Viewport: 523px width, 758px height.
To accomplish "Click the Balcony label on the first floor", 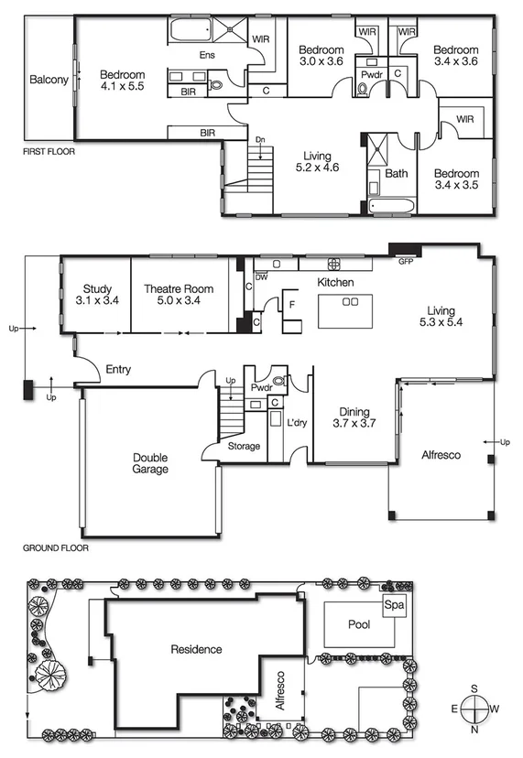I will click(49, 80).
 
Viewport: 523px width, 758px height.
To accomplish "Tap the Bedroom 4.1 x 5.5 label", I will click(123, 81).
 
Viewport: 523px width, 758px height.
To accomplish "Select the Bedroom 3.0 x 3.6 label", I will click(321, 56).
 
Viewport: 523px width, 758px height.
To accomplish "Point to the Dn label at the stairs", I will click(260, 139).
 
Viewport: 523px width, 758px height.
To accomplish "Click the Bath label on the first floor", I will click(397, 172).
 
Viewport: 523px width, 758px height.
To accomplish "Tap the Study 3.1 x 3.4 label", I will click(96, 295).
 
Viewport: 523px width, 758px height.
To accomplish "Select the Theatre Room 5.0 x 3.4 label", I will click(179, 295).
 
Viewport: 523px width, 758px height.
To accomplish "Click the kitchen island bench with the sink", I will click(349, 311).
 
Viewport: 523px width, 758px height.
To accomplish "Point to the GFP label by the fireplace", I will click(406, 261).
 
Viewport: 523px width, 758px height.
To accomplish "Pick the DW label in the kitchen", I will click(261, 276).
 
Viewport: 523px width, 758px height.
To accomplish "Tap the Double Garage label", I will click(149, 462).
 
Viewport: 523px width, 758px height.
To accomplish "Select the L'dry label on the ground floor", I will click(297, 423).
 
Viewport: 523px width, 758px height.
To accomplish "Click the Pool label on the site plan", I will click(360, 623).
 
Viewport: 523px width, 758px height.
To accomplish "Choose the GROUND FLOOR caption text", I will click(56, 550).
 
